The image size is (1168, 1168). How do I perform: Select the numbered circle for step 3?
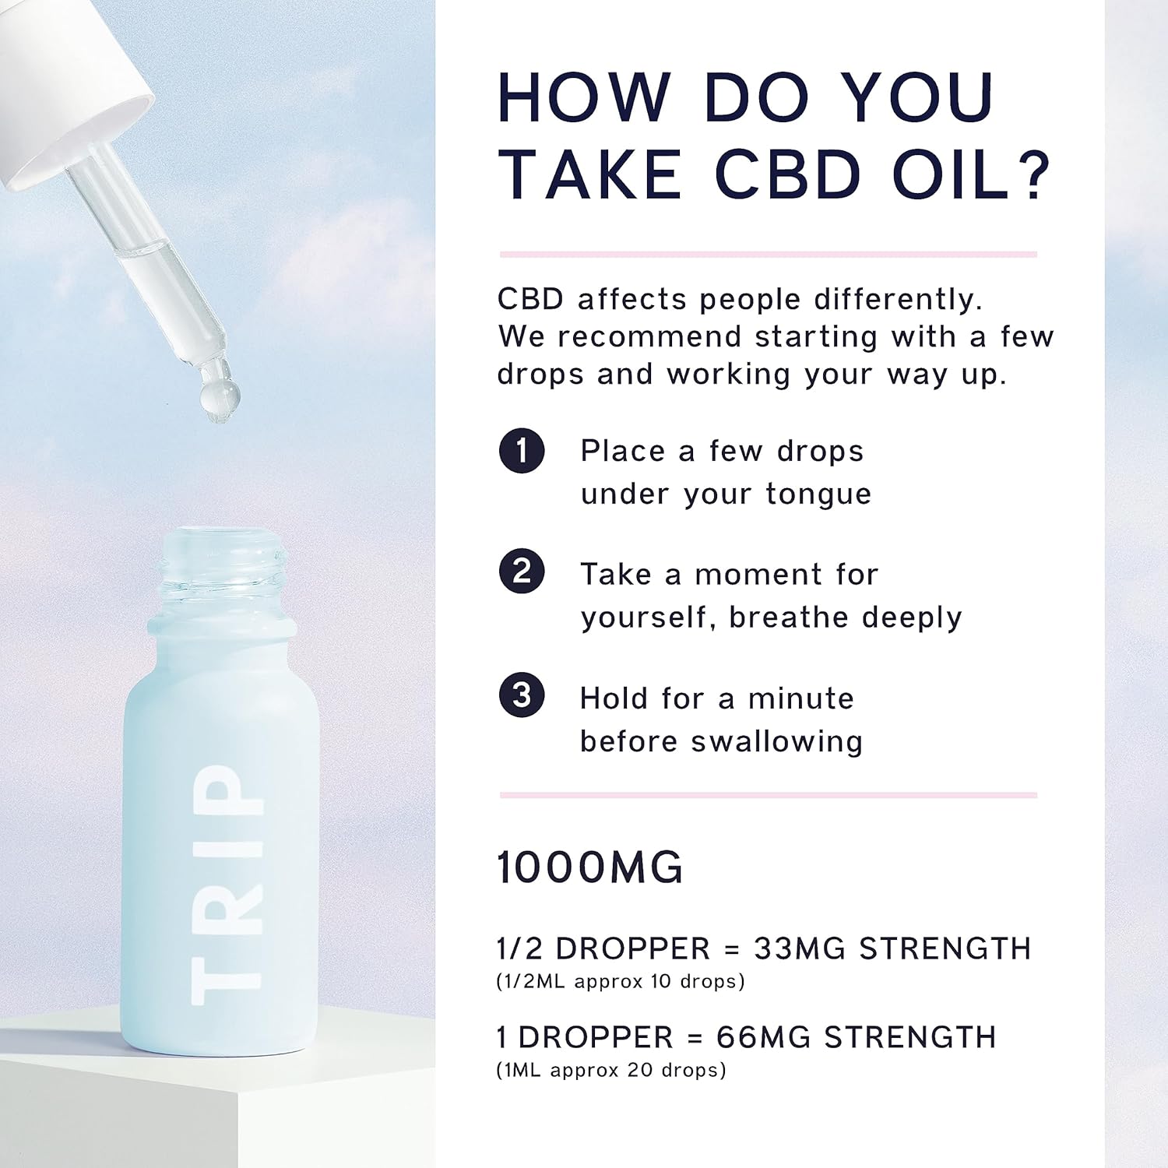click(522, 695)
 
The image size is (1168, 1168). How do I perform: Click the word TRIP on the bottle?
click(227, 884)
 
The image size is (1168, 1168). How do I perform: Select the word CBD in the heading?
click(788, 174)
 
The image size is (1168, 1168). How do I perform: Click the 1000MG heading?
click(589, 867)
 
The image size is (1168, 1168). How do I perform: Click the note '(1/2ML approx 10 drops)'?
click(621, 982)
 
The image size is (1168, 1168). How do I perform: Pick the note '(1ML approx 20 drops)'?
click(611, 1071)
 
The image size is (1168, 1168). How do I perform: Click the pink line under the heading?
click(769, 254)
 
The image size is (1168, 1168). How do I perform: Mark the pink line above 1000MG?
click(769, 795)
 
